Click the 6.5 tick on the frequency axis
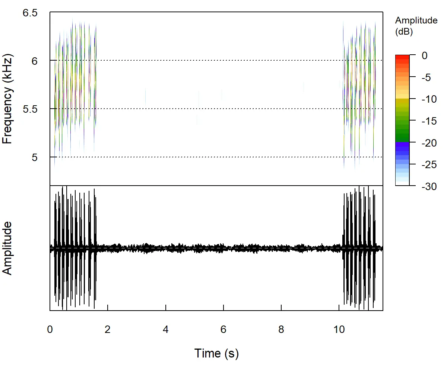point(31,13)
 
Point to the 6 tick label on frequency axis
point(35,61)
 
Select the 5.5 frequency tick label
point(31,109)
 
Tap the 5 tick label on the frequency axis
point(35,157)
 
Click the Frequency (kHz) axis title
point(8,99)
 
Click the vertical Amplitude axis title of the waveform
point(8,248)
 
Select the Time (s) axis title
point(216,353)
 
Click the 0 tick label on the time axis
point(50,330)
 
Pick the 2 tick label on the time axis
point(108,330)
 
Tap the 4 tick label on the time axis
point(166,330)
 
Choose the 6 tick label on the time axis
point(223,330)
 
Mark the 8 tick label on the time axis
point(281,330)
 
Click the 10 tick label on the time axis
point(339,330)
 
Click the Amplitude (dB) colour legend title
point(416,26)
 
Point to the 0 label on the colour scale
point(424,55)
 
